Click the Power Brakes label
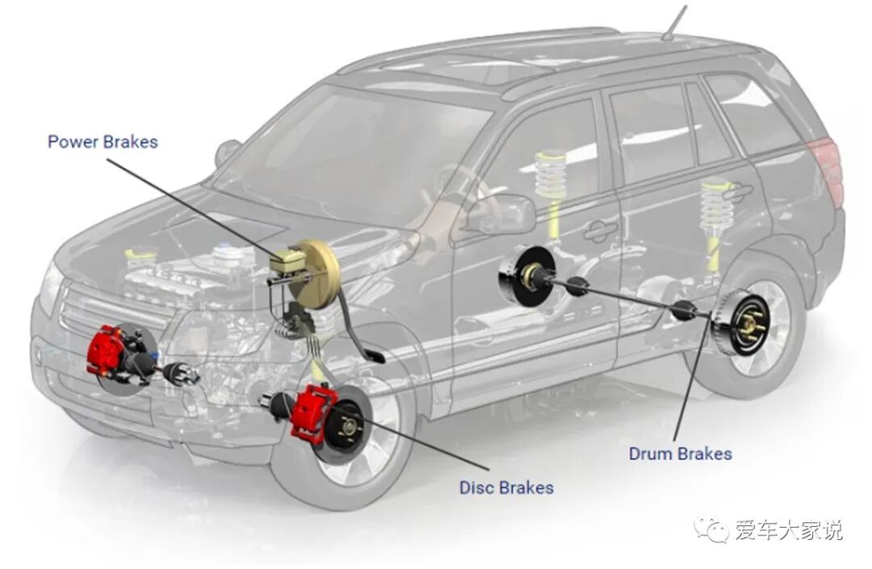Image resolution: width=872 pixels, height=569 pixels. tap(103, 142)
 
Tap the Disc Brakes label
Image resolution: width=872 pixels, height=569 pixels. tap(506, 487)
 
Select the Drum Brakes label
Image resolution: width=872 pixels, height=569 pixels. tap(680, 454)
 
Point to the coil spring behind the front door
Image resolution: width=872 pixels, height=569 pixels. tap(551, 180)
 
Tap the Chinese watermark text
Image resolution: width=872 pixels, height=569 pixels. tap(788, 530)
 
